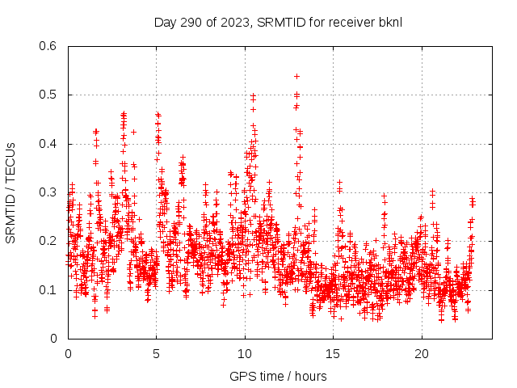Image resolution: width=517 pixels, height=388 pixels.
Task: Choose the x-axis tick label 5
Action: click(x=157, y=354)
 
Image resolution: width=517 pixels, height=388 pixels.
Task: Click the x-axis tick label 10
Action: click(x=245, y=354)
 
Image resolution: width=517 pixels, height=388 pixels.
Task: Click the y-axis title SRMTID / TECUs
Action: click(x=11, y=192)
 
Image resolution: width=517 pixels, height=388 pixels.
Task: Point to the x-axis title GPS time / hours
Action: click(x=278, y=376)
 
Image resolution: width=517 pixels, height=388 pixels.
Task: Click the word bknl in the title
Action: click(x=390, y=22)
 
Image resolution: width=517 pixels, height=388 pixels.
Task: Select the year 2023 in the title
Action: click(x=233, y=22)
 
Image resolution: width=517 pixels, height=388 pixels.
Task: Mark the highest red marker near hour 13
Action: click(x=296, y=76)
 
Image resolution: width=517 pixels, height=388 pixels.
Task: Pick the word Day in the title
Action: click(x=165, y=22)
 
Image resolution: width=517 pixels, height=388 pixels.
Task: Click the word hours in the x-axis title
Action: click(x=311, y=376)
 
